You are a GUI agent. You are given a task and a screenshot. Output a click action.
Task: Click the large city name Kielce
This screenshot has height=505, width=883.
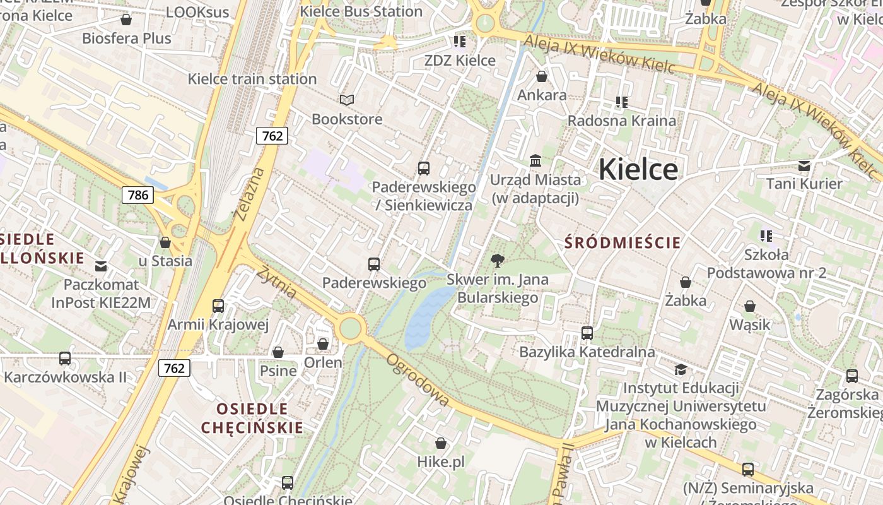[638, 169]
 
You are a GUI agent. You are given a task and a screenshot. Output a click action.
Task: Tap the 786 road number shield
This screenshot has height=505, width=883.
[138, 194]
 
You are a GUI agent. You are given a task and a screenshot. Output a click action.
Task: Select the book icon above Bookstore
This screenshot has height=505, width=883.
[347, 100]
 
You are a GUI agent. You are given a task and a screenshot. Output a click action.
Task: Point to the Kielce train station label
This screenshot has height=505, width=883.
[252, 79]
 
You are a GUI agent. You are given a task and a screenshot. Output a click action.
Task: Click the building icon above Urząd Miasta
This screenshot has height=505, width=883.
[535, 160]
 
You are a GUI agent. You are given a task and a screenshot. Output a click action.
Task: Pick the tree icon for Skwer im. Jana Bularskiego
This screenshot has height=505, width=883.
[498, 260]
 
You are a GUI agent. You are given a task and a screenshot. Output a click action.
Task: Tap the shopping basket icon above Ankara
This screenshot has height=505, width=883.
[541, 77]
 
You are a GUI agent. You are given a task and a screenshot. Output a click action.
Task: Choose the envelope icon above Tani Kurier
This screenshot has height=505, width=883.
[804, 165]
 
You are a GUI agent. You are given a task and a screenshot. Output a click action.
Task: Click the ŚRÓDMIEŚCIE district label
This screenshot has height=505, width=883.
[623, 242]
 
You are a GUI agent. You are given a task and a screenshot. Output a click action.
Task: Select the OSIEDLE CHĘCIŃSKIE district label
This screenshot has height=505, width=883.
[252, 418]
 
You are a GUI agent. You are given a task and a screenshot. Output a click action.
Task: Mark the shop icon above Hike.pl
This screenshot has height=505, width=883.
[441, 443]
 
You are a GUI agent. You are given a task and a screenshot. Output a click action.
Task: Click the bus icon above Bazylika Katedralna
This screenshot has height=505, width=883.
[587, 333]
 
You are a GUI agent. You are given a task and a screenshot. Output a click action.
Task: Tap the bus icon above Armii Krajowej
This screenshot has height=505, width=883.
[218, 306]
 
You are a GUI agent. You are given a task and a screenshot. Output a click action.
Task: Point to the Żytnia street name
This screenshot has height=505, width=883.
[276, 283]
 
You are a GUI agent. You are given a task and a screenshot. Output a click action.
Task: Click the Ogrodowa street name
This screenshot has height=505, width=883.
[418, 379]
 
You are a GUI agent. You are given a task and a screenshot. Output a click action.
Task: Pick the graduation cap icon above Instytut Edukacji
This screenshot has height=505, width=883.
[681, 369]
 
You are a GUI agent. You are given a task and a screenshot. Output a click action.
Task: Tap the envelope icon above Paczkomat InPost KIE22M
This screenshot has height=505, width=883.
[101, 266]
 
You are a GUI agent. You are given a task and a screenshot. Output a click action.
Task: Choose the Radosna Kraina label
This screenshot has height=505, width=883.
[621, 121]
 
